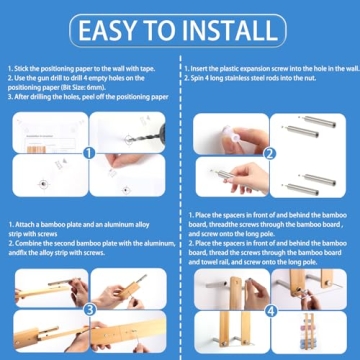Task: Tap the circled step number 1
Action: [x=88, y=154]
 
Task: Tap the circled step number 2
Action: [x=270, y=154]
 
